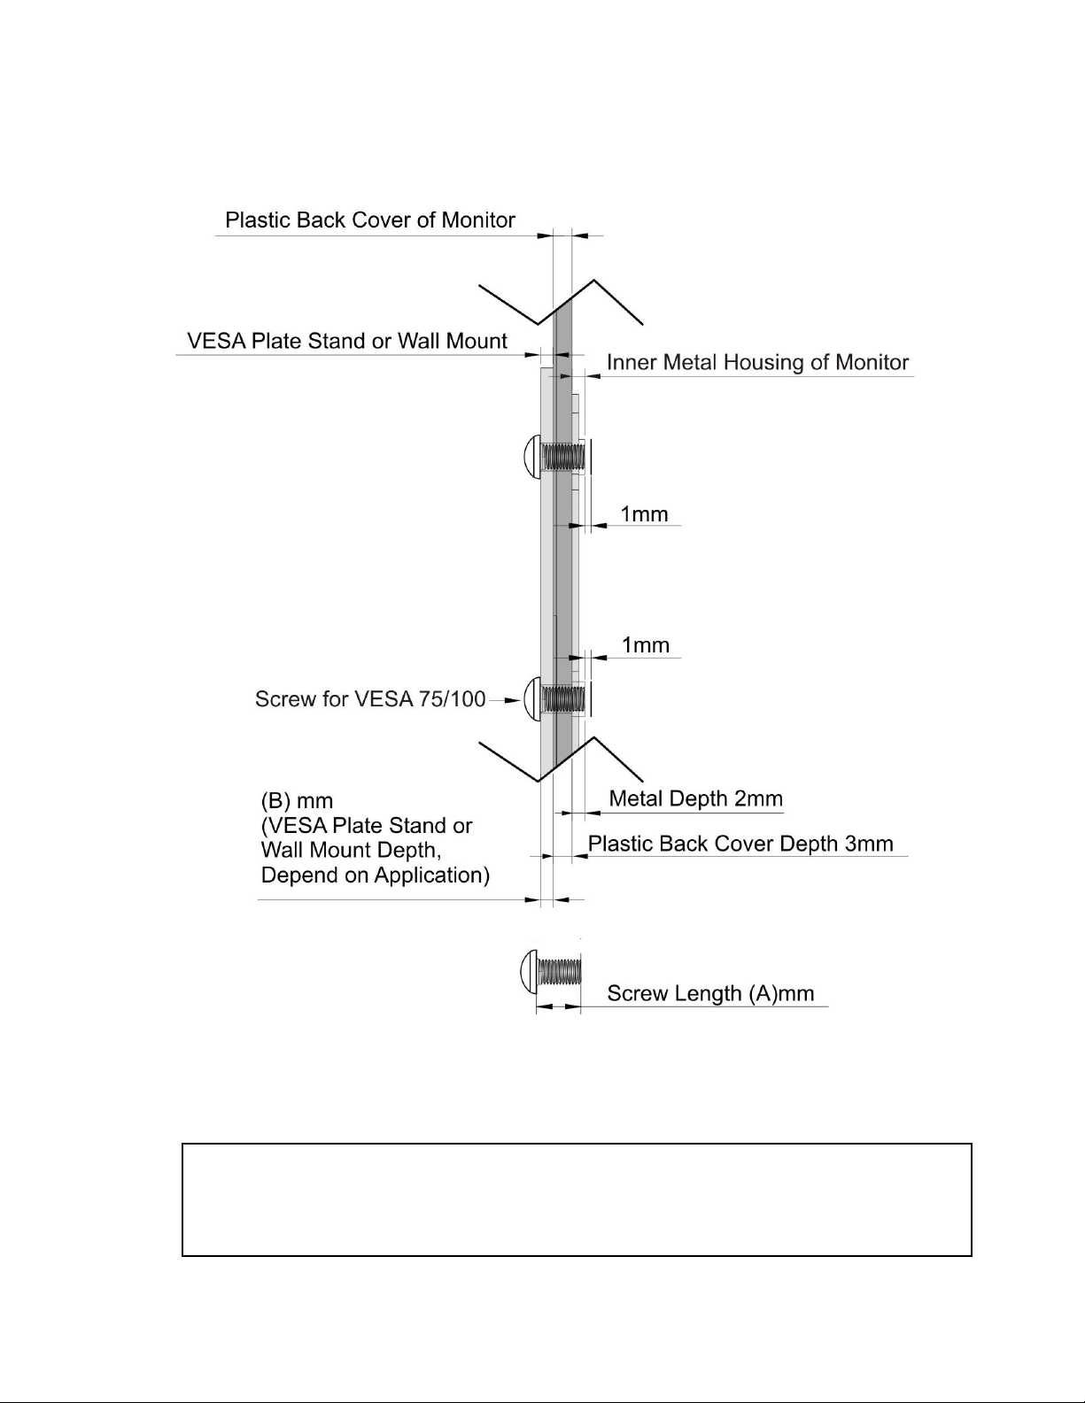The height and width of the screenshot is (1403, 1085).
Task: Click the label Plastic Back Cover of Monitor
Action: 370,220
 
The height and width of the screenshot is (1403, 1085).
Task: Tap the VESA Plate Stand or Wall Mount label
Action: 347,341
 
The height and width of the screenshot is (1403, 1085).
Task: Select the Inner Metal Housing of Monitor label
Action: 757,362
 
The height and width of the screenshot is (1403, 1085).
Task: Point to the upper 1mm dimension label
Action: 644,514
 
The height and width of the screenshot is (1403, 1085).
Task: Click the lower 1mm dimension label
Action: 645,645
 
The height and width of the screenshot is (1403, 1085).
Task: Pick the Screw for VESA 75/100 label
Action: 370,698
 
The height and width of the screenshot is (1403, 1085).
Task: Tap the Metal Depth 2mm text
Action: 695,798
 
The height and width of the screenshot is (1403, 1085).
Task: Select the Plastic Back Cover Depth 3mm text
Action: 740,844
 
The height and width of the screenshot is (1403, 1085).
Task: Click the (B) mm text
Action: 297,801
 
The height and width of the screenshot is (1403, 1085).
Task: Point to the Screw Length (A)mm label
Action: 710,993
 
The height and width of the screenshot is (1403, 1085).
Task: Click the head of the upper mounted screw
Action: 532,457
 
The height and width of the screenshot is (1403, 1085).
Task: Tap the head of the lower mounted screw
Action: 532,698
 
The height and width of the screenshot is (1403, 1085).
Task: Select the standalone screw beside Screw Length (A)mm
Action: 550,971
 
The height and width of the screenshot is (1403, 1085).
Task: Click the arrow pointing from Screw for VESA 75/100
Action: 505,700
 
